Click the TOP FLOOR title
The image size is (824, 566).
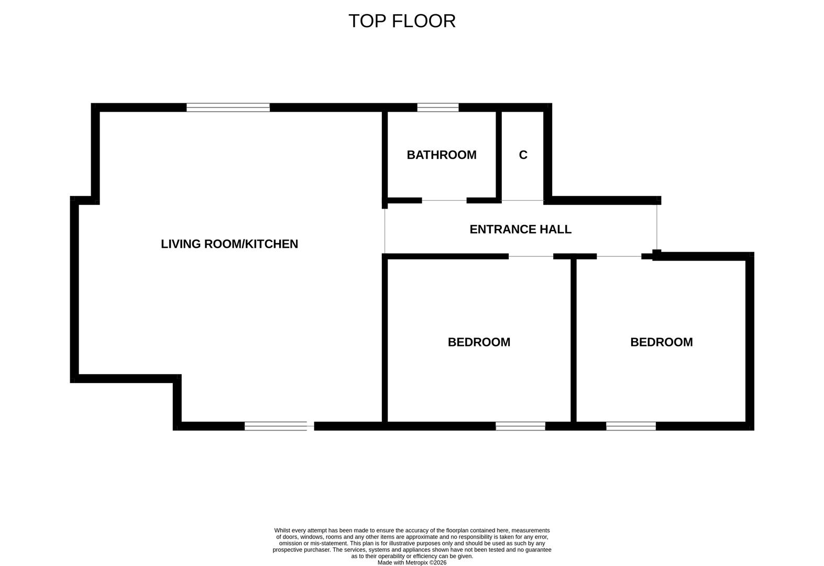(402, 21)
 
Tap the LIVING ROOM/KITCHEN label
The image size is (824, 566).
(229, 244)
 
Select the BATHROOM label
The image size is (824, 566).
(441, 155)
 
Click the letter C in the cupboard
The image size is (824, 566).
(523, 155)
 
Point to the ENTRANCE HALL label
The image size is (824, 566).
(520, 230)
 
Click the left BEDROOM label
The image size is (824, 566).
(479, 342)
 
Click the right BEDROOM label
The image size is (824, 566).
(661, 342)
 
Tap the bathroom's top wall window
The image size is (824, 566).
(437, 107)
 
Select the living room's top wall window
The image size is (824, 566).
(228, 107)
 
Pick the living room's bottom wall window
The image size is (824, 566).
(278, 426)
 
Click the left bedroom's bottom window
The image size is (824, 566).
(520, 426)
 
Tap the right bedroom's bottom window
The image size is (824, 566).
(631, 426)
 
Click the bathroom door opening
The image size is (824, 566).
(444, 200)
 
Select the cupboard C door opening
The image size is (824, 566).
(523, 200)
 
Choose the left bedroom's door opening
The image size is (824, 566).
(531, 256)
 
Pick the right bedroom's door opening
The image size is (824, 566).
(619, 256)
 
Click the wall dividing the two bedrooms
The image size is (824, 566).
(574, 341)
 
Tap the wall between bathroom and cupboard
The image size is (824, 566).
(499, 155)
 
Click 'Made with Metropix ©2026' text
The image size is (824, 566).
(412, 563)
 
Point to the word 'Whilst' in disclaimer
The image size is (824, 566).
(282, 530)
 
